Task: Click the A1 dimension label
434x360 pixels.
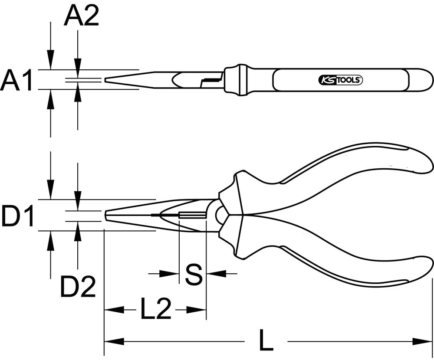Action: click(16, 81)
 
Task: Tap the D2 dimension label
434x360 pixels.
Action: click(78, 286)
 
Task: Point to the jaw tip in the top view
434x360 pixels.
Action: click(106, 80)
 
